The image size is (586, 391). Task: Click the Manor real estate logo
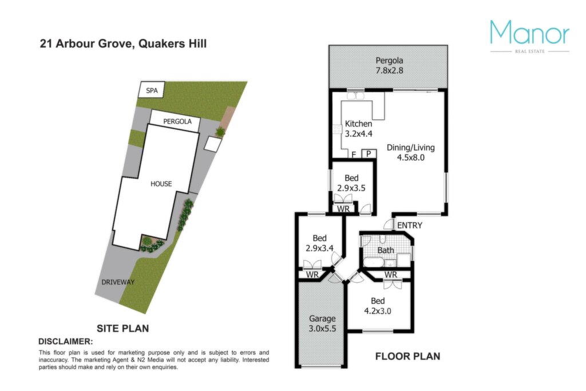pos(529,36)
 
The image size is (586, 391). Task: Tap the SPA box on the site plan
pos(152,90)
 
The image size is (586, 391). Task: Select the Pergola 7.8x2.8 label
pos(389,65)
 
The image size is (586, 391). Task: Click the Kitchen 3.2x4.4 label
pos(358,129)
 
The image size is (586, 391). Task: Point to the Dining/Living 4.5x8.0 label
pos(411,152)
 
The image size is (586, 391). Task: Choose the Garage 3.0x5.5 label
pos(322,323)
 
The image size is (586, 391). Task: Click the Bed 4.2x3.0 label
pos(378,306)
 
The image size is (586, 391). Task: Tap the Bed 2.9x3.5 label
pos(351,183)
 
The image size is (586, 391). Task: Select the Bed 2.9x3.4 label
pos(319,243)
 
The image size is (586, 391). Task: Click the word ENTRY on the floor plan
pos(410,226)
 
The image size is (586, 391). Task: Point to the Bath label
pos(386,250)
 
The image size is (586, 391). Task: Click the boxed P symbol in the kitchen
pos(369,153)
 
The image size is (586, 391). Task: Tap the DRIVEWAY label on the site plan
pos(118,282)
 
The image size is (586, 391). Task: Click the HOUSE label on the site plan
pos(161,184)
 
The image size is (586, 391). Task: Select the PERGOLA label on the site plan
pos(177,121)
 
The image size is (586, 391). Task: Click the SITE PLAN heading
pos(123,328)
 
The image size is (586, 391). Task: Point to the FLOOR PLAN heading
pos(407,356)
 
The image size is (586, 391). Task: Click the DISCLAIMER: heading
pos(66,341)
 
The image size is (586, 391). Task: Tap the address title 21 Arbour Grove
pos(86,44)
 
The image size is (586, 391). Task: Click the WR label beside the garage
pos(312,275)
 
